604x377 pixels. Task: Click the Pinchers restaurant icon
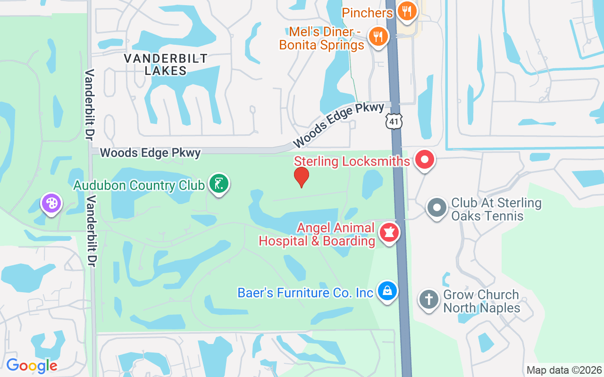pyautogui.click(x=406, y=11)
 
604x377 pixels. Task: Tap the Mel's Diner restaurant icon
pyautogui.click(x=377, y=36)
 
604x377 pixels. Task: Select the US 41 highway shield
pyautogui.click(x=394, y=121)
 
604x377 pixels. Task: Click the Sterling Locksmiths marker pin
pyautogui.click(x=424, y=160)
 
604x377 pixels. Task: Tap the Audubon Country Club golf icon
pyautogui.click(x=218, y=184)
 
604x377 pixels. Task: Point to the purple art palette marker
pyautogui.click(x=51, y=204)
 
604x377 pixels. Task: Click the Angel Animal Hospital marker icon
pyautogui.click(x=389, y=233)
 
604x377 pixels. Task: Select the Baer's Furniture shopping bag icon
pyautogui.click(x=387, y=291)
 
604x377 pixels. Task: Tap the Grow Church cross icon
pyautogui.click(x=429, y=300)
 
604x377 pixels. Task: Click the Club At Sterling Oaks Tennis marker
pyautogui.click(x=437, y=207)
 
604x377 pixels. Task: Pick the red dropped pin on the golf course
pyautogui.click(x=301, y=177)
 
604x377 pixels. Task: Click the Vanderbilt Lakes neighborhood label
pyautogui.click(x=165, y=65)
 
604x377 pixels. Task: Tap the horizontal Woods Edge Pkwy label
pyautogui.click(x=151, y=153)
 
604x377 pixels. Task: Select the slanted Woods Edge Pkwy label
pyautogui.click(x=338, y=125)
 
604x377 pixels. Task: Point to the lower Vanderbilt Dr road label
pyautogui.click(x=91, y=231)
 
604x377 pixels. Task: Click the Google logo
pyautogui.click(x=32, y=366)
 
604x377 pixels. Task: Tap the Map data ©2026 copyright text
pyautogui.click(x=564, y=370)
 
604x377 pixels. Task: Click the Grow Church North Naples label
pyautogui.click(x=481, y=302)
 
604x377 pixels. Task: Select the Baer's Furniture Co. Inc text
pyautogui.click(x=305, y=293)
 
